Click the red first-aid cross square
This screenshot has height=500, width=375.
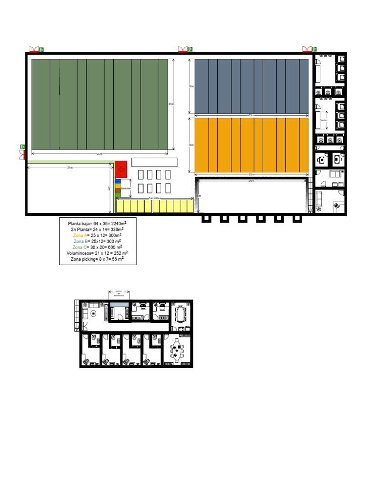pyautogui.click(x=121, y=169)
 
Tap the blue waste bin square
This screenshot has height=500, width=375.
pyautogui.click(x=118, y=181)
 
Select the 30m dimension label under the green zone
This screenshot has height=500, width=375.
pyautogui.click(x=100, y=154)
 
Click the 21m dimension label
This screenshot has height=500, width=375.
pyautogui.click(x=70, y=167)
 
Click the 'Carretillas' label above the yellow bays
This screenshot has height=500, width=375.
pyautogui.click(x=155, y=198)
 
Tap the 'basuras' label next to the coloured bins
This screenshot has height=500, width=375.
pyautogui.click(x=126, y=188)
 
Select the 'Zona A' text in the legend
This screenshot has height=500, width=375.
pyautogui.click(x=81, y=235)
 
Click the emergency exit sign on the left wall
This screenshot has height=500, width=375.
pyautogui.click(x=22, y=147)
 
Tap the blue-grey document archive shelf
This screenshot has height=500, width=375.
pyautogui.click(x=119, y=304)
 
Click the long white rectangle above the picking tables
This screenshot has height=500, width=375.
pyautogui.click(x=154, y=162)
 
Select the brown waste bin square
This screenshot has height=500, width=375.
pyautogui.click(x=118, y=190)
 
